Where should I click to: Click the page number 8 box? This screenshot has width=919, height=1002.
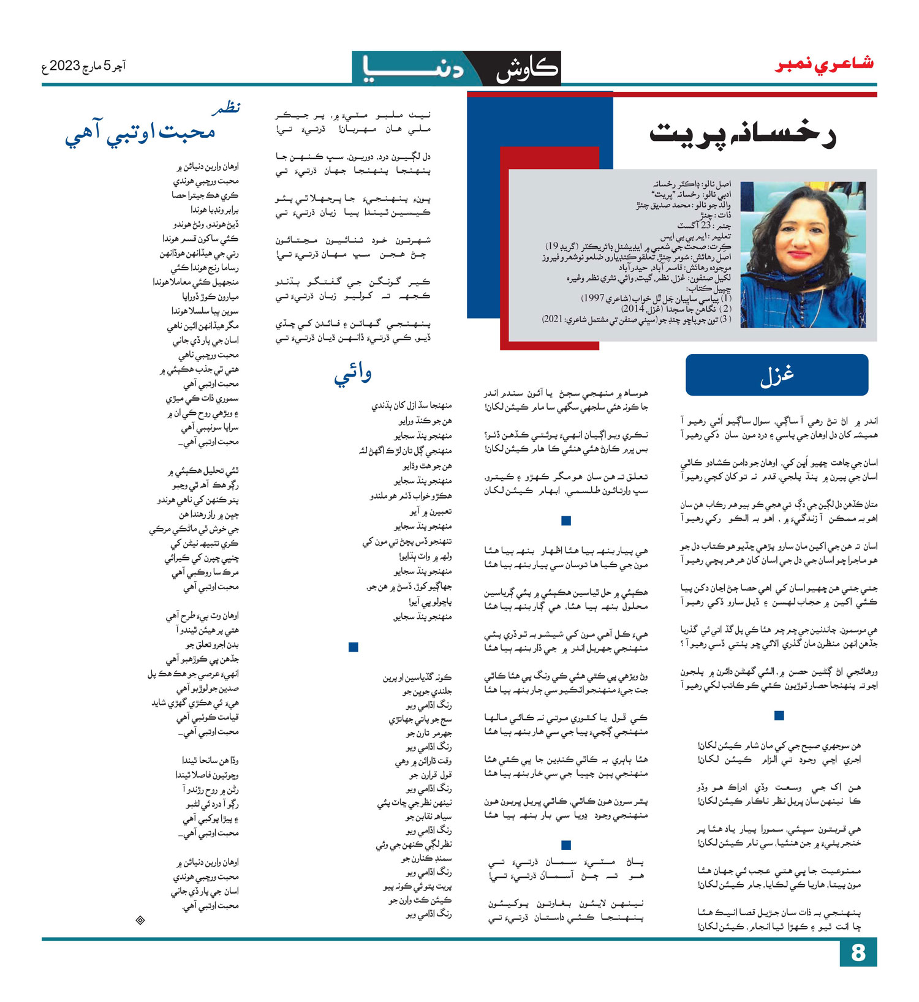click(858, 953)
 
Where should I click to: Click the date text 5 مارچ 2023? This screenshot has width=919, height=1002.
click(84, 66)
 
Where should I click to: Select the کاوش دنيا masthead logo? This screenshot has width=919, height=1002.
click(456, 68)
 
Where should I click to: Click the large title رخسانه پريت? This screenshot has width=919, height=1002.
click(743, 135)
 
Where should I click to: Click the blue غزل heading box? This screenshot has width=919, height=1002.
click(777, 375)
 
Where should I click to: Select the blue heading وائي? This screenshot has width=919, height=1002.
click(353, 373)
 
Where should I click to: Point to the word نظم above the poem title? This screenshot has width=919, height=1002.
click(225, 108)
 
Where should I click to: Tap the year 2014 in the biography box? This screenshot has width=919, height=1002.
click(632, 309)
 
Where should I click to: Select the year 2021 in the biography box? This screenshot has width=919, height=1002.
click(554, 319)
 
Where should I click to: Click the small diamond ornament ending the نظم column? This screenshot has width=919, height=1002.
click(140, 920)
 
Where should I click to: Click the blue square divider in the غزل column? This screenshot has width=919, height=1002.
click(779, 715)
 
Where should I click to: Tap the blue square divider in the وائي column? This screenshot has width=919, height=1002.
click(353, 647)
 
